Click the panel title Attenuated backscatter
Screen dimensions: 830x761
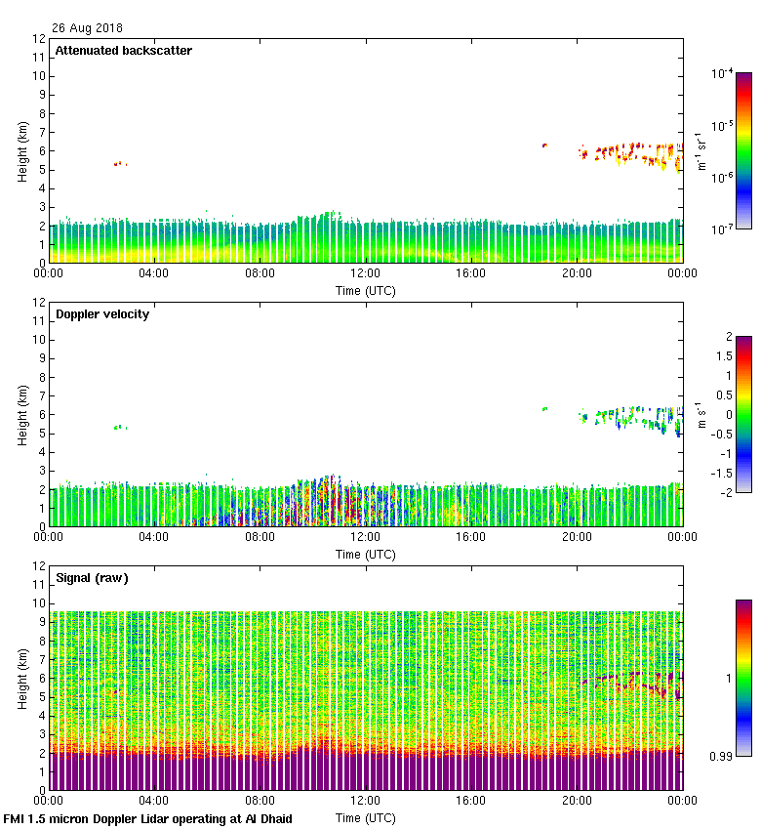pyautogui.click(x=123, y=51)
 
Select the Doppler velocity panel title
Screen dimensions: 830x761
pyautogui.click(x=102, y=314)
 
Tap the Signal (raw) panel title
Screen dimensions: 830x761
pyautogui.click(x=92, y=578)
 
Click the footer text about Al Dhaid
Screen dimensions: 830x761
pyautogui.click(x=148, y=819)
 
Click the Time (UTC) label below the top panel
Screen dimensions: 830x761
pyautogui.click(x=366, y=290)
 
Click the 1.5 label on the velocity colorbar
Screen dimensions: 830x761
pyautogui.click(x=722, y=356)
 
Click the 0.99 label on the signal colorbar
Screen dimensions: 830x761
pyautogui.click(x=722, y=755)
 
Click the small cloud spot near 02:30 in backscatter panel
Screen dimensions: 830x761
pyautogui.click(x=118, y=163)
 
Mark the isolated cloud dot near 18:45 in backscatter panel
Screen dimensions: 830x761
pyautogui.click(x=544, y=145)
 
